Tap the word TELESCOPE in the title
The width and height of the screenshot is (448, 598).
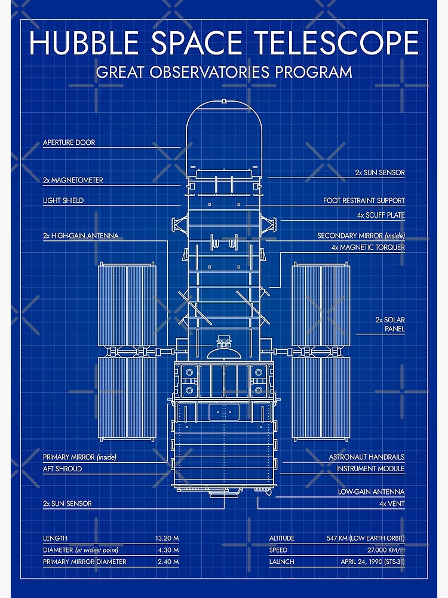[336, 44]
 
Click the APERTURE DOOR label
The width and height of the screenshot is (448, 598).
[69, 143]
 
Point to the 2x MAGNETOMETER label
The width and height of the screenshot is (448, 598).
[73, 180]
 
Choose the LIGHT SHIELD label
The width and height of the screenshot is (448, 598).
[63, 200]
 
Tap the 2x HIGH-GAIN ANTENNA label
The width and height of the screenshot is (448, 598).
[81, 236]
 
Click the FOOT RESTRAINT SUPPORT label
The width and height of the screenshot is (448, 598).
[364, 200]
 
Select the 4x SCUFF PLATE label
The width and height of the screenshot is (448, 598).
[381, 215]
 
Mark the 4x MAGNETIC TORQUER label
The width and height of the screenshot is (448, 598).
[368, 247]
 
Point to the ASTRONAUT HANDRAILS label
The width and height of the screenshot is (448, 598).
[366, 457]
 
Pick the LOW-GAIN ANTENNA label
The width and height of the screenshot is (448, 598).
[371, 492]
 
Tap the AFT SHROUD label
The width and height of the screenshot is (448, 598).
[62, 469]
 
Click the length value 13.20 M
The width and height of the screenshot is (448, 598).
[167, 538]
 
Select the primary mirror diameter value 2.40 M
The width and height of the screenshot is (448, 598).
[168, 562]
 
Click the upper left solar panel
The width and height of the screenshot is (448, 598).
[127, 305]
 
